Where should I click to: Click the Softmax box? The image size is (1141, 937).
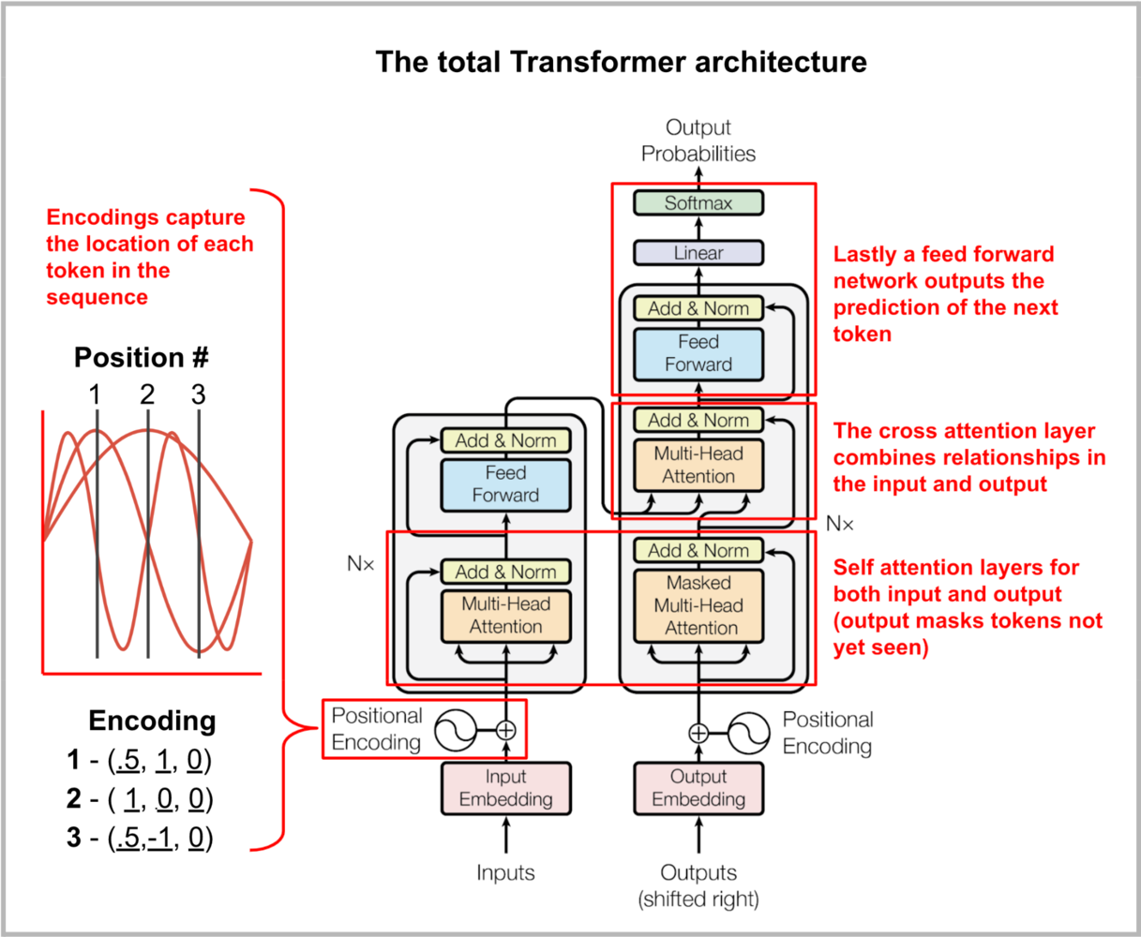698,202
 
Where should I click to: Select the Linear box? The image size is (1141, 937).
698,253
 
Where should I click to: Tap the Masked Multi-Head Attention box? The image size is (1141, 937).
698,605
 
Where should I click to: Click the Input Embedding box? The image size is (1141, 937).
506,788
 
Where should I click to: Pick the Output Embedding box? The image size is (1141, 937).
698,788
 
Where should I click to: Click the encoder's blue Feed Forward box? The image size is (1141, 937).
506,484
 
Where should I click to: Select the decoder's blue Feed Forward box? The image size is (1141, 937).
698,353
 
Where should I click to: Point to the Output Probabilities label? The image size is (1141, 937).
698,141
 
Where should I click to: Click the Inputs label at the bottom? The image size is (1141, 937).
506,873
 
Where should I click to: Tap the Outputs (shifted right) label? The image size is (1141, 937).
698,885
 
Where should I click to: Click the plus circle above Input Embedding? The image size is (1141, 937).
506,729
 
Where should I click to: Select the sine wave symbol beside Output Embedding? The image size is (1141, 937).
749,733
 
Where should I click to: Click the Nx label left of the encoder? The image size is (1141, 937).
361,564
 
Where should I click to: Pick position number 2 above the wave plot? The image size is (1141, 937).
147,394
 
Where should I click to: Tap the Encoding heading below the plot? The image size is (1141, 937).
152,721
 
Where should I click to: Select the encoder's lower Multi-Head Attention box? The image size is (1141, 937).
506,616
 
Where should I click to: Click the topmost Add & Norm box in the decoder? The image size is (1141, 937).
698,308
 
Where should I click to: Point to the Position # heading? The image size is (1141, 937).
142,358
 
